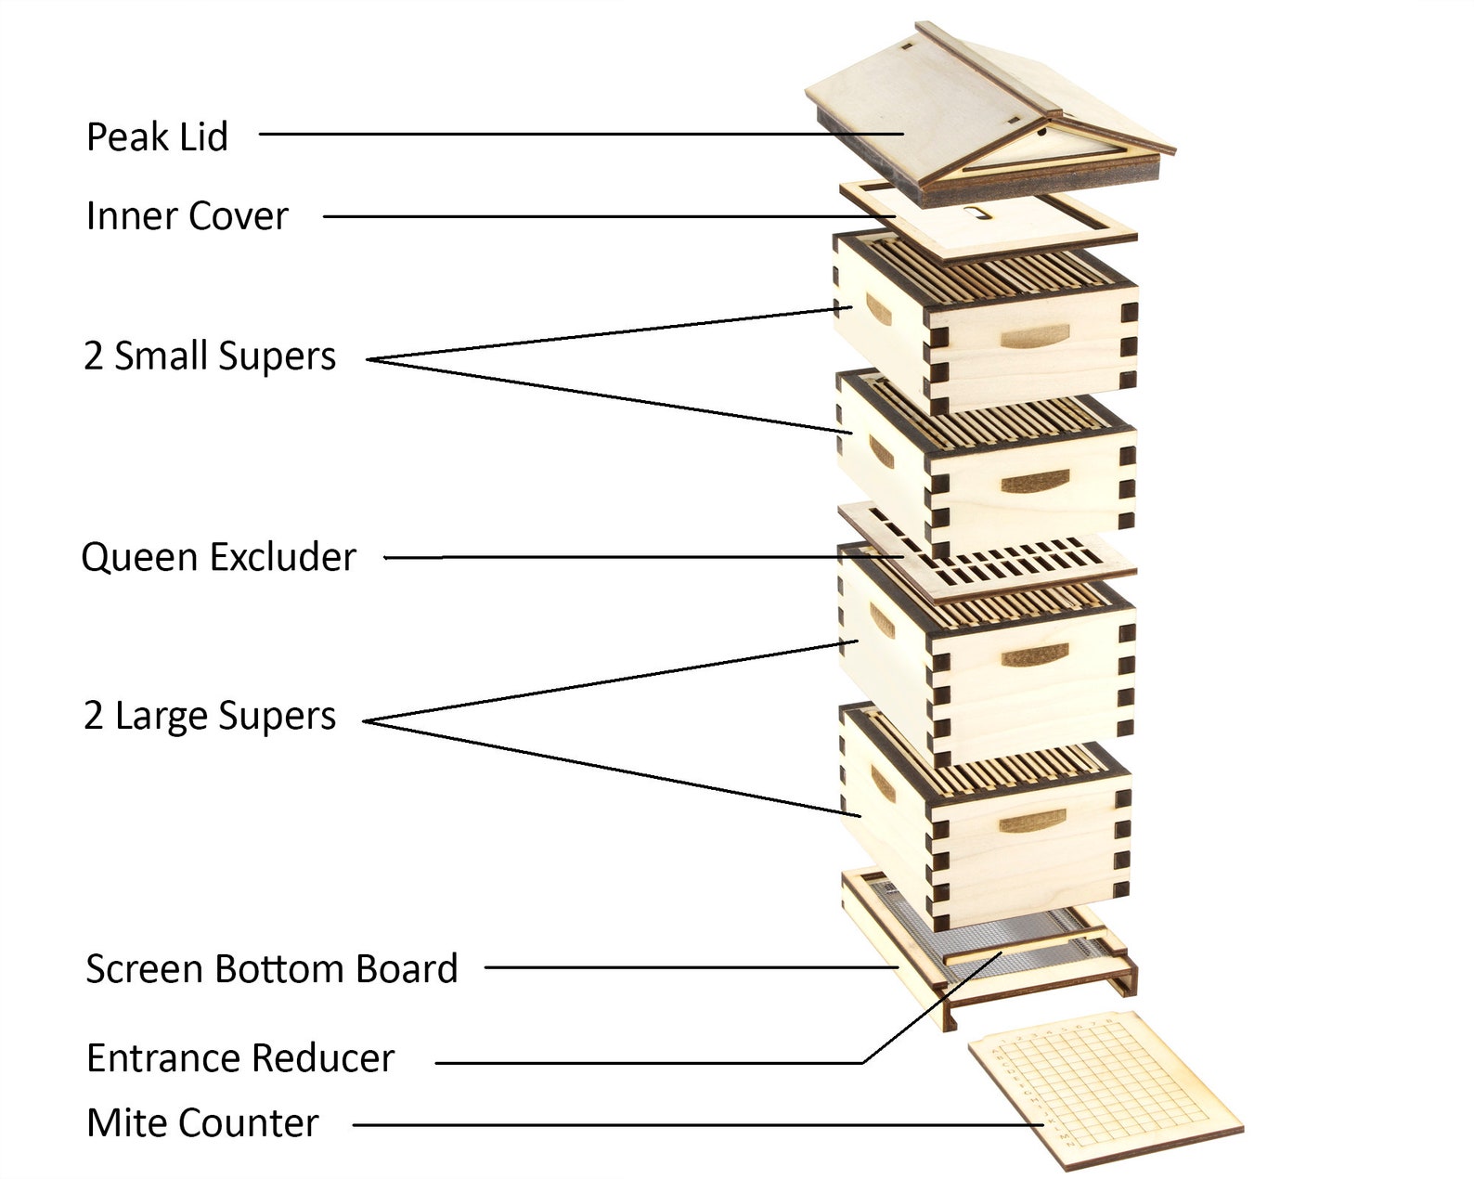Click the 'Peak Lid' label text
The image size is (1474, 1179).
point(157,137)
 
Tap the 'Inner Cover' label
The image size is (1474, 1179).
point(187,216)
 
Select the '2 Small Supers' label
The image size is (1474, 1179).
point(210,356)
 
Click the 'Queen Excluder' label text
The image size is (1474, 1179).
point(218,557)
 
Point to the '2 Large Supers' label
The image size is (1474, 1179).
point(210,716)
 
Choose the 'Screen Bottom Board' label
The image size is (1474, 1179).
point(272,968)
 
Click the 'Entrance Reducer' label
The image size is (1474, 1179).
point(240,1058)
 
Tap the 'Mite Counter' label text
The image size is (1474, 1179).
point(202,1123)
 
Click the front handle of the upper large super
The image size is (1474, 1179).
point(1035,656)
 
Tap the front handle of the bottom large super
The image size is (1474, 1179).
point(1032,822)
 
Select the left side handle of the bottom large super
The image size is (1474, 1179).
point(882,784)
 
